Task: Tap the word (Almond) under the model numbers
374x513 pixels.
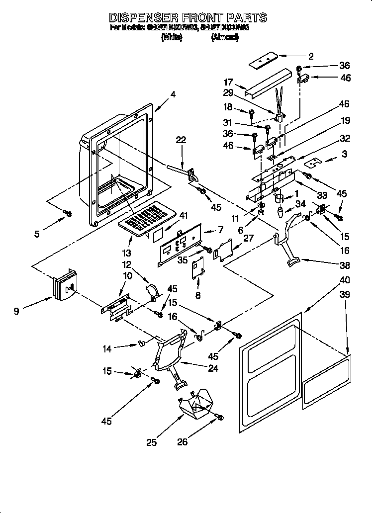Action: coord(225,37)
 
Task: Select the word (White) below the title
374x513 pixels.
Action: coord(172,37)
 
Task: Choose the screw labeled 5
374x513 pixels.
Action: coord(68,214)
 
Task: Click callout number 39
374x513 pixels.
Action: coord(344,295)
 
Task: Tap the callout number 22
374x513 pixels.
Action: coord(181,141)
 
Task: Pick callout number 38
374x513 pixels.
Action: coord(344,265)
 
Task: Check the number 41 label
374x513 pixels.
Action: coord(185,216)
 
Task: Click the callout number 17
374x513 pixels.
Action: coord(228,83)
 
